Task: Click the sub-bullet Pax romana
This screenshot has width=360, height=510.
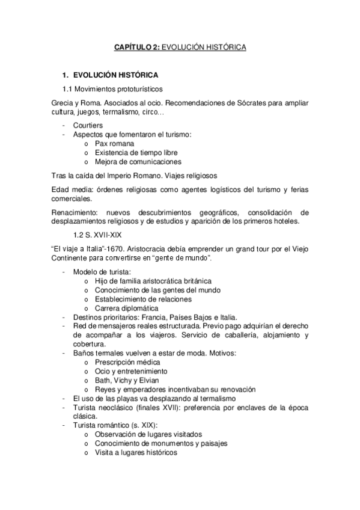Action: pos(115,144)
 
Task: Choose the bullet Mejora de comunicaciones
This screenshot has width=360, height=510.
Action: pos(138,162)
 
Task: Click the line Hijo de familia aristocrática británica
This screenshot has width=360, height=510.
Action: pos(153,281)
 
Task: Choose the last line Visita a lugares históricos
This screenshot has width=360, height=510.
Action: pos(136,451)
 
